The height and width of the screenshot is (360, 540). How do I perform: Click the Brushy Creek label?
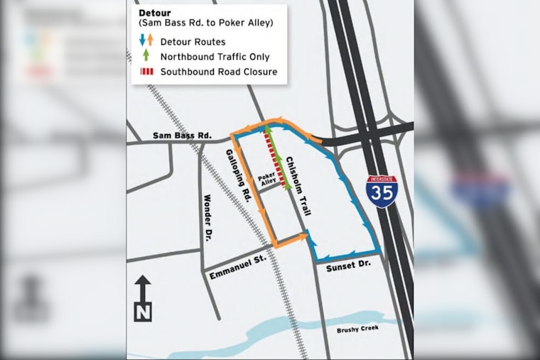coord(359,328)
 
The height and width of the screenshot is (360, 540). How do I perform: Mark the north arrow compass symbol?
coord(143,298)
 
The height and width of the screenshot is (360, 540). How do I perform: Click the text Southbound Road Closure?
coord(218,72)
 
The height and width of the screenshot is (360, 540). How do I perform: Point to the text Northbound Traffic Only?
coord(215,57)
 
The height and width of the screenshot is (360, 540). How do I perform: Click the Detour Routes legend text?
coord(193,43)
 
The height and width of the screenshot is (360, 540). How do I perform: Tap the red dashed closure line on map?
coord(275,159)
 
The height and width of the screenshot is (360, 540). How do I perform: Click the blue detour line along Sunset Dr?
coord(345,253)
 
